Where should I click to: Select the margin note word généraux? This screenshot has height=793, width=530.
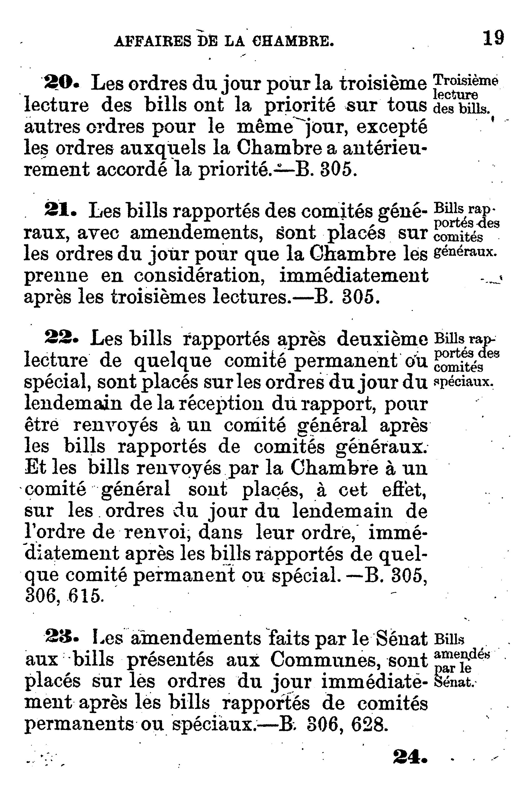pyautogui.click(x=465, y=252)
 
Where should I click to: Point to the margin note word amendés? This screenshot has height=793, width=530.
pyautogui.click(x=462, y=654)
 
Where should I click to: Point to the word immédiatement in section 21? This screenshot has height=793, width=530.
pyautogui.click(x=354, y=276)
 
